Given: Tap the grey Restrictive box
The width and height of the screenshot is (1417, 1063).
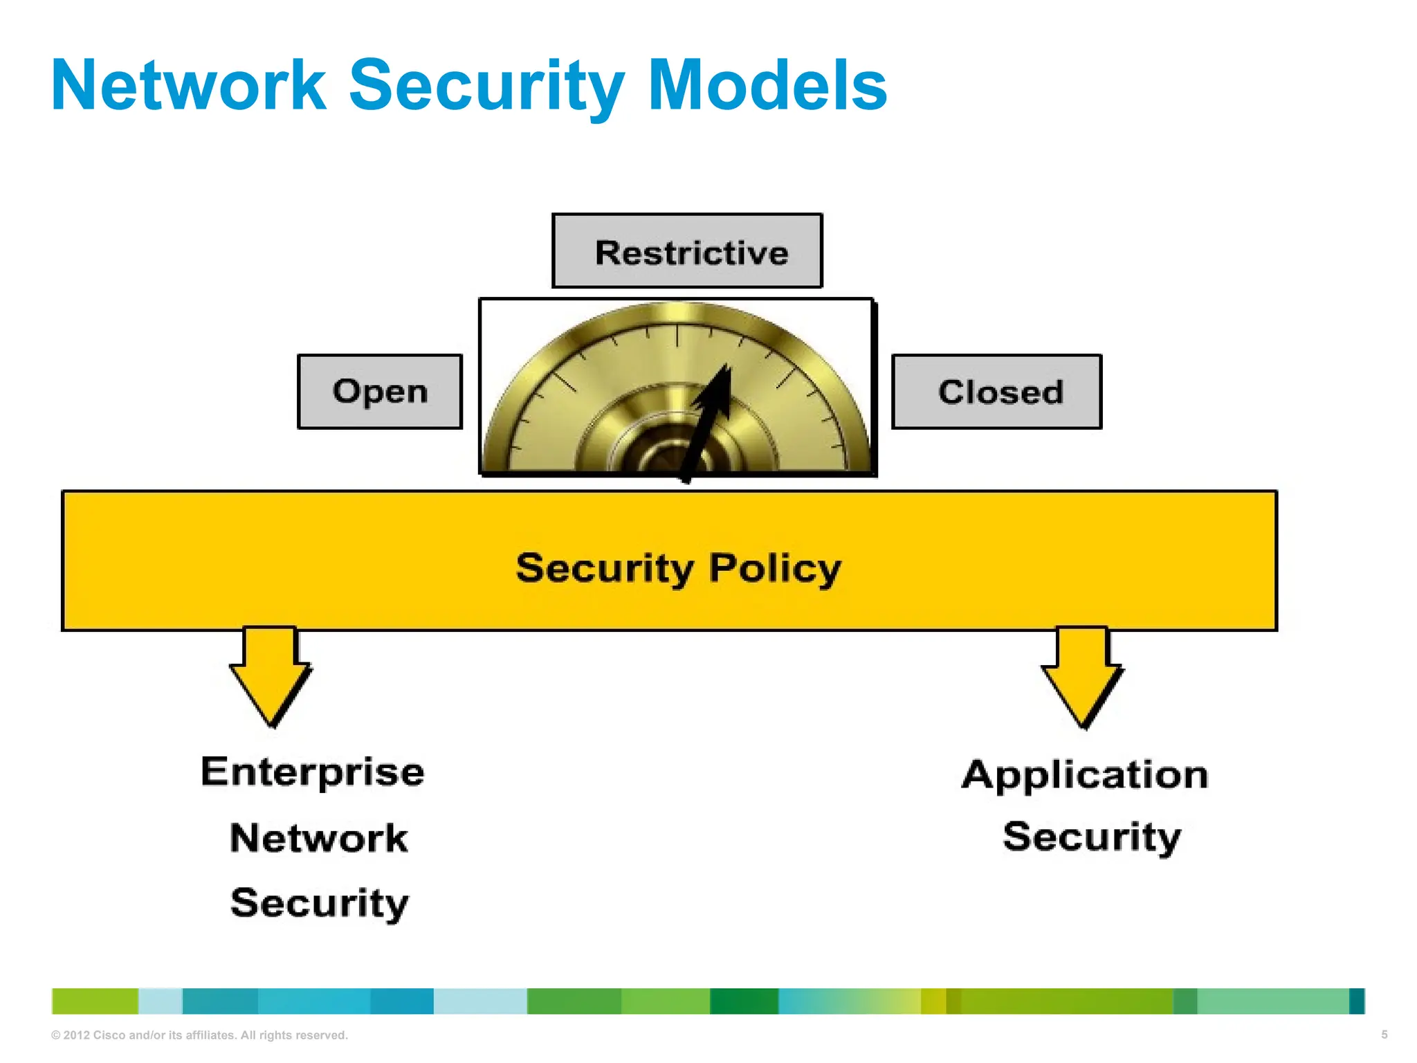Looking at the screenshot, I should click(687, 251).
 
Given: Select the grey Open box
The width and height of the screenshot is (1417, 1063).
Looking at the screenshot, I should click(380, 392).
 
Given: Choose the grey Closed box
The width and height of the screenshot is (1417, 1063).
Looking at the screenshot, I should click(996, 392).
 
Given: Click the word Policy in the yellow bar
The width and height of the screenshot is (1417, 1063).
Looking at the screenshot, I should click(775, 568).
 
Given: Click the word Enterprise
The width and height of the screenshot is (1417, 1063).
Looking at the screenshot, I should click(313, 772).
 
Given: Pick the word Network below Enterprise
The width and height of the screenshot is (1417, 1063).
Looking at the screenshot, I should click(319, 838).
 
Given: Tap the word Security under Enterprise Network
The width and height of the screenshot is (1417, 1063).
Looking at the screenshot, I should click(319, 903).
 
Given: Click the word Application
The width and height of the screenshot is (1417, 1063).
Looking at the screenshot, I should click(1085, 774).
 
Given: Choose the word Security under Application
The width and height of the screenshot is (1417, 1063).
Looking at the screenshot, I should click(1091, 837).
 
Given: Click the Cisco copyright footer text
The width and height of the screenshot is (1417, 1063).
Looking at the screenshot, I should click(199, 1035).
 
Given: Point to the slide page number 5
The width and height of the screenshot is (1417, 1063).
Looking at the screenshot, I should click(1384, 1035).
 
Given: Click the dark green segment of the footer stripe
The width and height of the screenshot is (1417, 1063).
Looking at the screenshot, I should click(744, 1001).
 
